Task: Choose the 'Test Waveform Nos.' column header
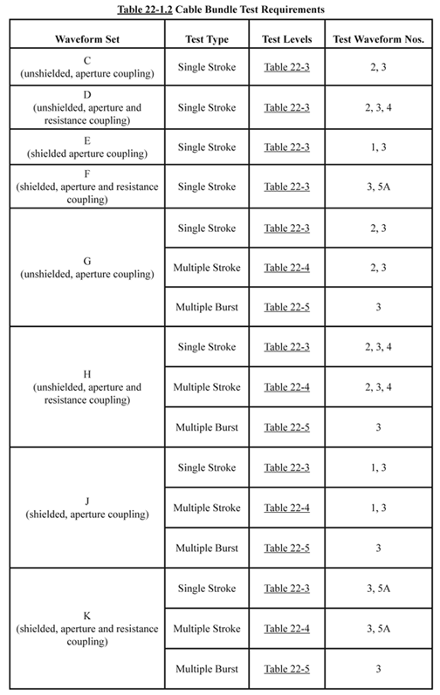pyautogui.click(x=377, y=41)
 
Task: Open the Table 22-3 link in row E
pyautogui.click(x=287, y=147)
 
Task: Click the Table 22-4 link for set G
pyautogui.click(x=287, y=268)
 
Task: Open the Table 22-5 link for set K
pyautogui.click(x=287, y=667)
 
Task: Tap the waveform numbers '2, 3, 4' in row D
pyautogui.click(x=377, y=108)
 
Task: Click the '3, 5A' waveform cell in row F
pyautogui.click(x=377, y=187)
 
